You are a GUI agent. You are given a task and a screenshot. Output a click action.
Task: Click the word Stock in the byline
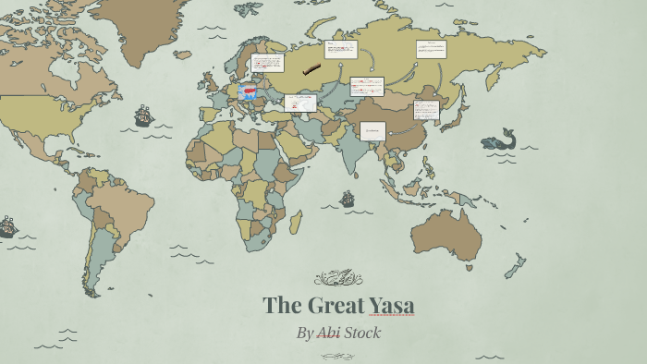pyautogui.click(x=362, y=333)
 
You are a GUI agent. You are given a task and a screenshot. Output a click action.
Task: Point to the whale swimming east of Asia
pyautogui.click(x=499, y=140)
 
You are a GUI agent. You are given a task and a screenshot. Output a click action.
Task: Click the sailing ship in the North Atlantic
pyautogui.click(x=143, y=116)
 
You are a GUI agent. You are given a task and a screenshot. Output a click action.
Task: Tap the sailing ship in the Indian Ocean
pyautogui.click(x=348, y=199)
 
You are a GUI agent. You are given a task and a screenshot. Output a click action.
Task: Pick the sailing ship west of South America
pyautogui.click(x=7, y=226)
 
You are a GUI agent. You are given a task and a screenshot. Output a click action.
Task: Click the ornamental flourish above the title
pyautogui.click(x=338, y=278)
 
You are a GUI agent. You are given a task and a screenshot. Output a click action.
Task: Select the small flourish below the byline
pyautogui.click(x=338, y=356)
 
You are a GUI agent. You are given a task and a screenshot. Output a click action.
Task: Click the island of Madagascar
pyautogui.click(x=296, y=222)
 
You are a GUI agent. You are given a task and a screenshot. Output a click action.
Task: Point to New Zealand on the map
pyautogui.click(x=514, y=268)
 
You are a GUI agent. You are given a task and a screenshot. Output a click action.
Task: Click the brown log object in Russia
pyautogui.click(x=311, y=68)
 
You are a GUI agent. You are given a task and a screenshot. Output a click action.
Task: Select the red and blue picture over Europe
pyautogui.click(x=248, y=91)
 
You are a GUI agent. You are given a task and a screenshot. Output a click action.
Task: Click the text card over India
pyautogui.click(x=372, y=130)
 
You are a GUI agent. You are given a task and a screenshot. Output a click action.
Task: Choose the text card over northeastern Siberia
pyautogui.click(x=431, y=49)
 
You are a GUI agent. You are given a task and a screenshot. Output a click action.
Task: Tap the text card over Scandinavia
pyautogui.click(x=266, y=64)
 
